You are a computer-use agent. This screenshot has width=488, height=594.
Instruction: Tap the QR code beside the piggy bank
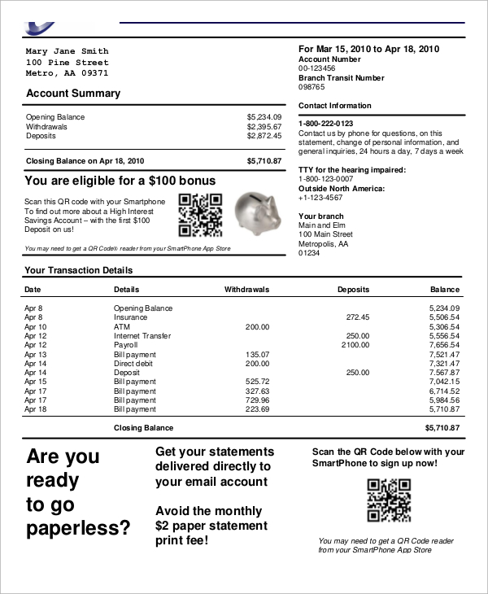(200, 213)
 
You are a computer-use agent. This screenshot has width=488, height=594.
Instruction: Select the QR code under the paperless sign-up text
(388, 500)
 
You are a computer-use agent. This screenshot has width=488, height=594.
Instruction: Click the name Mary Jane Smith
(67, 50)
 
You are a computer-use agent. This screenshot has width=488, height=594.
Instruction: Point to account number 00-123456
(316, 68)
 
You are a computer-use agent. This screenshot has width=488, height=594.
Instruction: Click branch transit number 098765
(312, 87)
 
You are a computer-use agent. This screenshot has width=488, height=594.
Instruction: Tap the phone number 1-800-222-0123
(325, 124)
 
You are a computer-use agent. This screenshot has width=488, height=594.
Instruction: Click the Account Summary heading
(73, 94)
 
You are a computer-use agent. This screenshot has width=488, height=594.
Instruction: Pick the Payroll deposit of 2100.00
(355, 345)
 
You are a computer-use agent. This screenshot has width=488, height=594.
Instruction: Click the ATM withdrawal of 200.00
(257, 326)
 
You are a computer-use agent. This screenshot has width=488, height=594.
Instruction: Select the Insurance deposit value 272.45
(357, 317)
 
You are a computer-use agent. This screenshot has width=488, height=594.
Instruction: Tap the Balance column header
(445, 290)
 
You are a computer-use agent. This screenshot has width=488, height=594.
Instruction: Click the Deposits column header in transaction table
(353, 290)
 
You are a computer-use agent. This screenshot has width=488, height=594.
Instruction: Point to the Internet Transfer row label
(142, 336)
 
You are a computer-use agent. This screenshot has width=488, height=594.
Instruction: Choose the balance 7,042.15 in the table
(444, 382)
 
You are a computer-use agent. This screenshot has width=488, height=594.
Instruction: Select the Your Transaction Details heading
(79, 270)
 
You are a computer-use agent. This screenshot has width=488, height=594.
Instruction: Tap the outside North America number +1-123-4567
(320, 198)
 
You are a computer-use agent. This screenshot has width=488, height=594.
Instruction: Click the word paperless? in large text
(78, 529)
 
